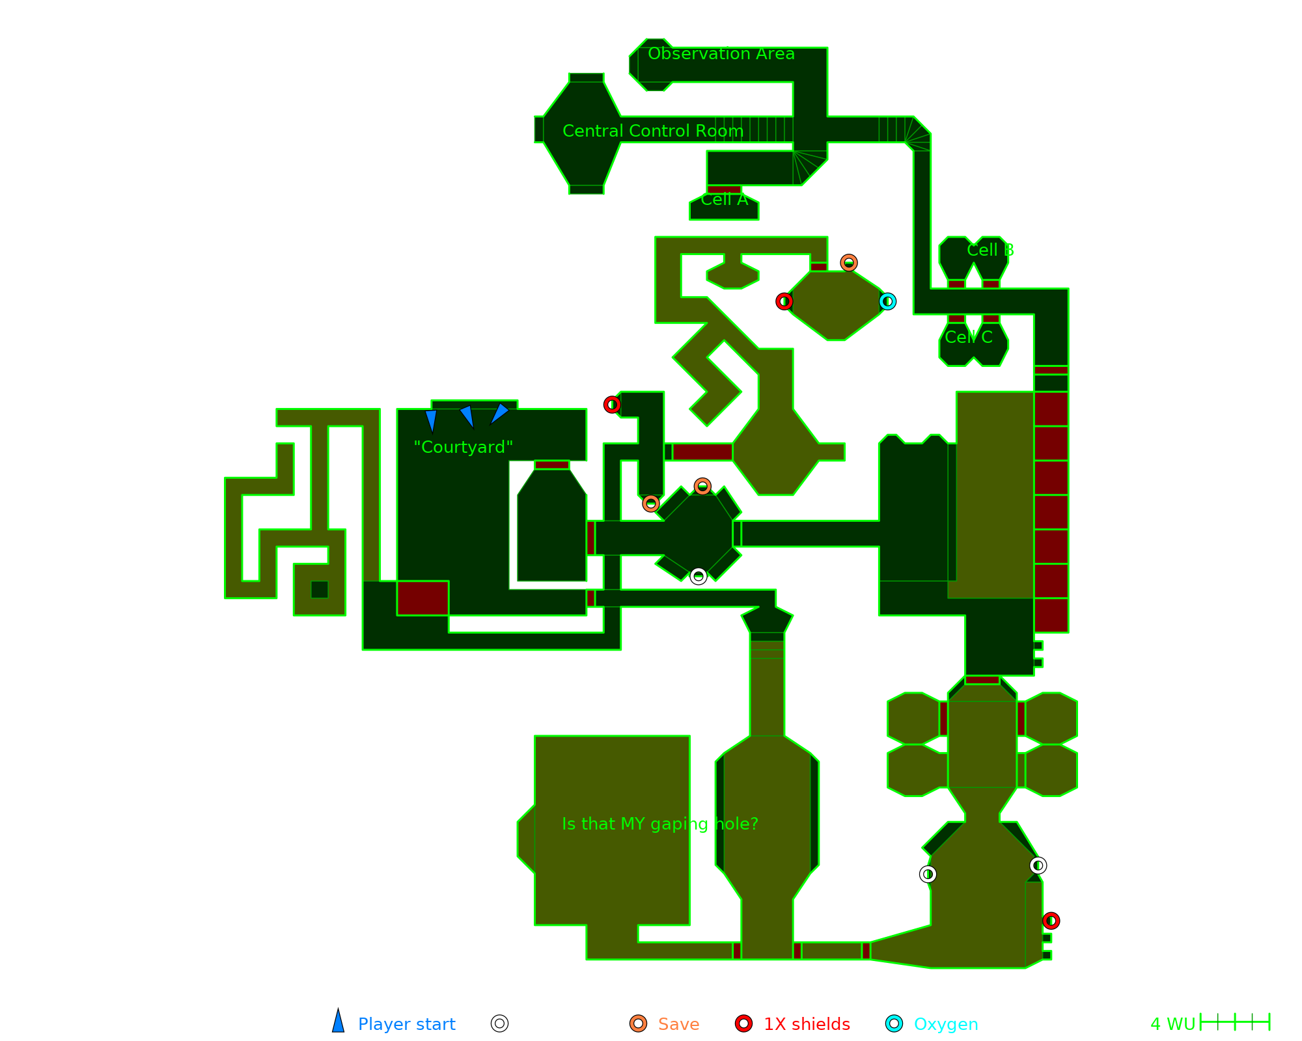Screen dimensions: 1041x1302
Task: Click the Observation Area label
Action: (721, 54)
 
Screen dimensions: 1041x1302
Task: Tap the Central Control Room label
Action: (652, 131)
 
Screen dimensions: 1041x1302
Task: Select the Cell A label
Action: (725, 200)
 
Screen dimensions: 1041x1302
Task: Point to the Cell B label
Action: (990, 250)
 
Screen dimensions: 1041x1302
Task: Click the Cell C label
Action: (969, 337)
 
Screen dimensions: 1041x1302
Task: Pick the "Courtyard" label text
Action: (464, 448)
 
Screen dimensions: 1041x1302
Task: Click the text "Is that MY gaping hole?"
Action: (660, 824)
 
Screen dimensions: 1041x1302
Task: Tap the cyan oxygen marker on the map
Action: (887, 302)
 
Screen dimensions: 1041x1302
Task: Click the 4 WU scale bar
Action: (1234, 1022)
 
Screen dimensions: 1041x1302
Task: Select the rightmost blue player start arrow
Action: (499, 413)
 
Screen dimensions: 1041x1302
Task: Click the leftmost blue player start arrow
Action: (431, 420)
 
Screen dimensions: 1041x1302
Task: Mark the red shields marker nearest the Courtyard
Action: (612, 405)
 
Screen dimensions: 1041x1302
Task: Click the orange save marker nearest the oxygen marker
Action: (848, 263)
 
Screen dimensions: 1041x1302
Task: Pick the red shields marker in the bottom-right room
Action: (1051, 921)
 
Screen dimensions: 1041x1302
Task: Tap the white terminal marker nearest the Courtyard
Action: (698, 576)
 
